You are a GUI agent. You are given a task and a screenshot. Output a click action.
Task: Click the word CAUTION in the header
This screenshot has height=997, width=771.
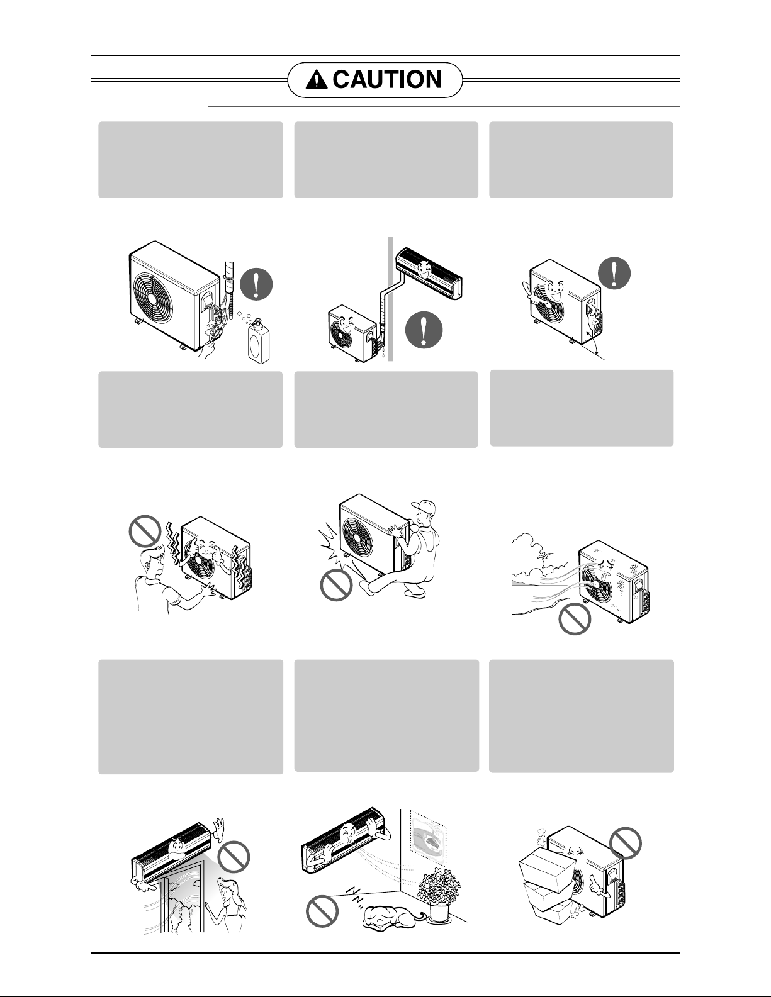(x=387, y=80)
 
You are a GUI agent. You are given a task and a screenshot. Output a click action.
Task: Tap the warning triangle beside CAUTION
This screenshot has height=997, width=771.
(x=317, y=81)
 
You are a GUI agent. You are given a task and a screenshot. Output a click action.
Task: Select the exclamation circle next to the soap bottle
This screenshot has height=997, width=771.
(x=256, y=284)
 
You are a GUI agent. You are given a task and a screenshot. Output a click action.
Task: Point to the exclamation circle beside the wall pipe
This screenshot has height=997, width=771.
(x=424, y=330)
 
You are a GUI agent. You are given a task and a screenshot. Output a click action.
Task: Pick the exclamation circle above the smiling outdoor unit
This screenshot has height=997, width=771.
(x=614, y=273)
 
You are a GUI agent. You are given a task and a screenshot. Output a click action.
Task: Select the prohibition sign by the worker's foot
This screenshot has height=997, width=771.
(x=336, y=585)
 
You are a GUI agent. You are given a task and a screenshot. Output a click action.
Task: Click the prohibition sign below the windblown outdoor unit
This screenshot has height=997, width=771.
(x=575, y=619)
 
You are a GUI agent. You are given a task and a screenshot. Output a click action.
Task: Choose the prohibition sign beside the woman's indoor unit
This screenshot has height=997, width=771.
(x=233, y=857)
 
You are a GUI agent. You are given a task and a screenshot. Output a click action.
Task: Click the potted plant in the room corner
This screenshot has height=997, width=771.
(x=439, y=894)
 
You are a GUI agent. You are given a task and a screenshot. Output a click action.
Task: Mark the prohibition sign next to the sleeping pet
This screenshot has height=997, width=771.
(x=322, y=911)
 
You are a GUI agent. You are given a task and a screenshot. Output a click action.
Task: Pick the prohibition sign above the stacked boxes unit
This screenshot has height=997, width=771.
(x=625, y=843)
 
